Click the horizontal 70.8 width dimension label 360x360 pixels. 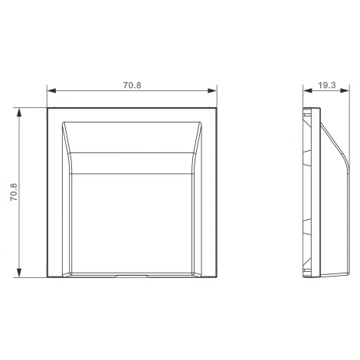pyautogui.click(x=132, y=85)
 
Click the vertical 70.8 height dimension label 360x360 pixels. pyautogui.click(x=14, y=192)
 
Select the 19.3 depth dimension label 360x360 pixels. pyautogui.click(x=327, y=85)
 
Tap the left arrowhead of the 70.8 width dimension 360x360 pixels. pyautogui.click(x=51, y=90)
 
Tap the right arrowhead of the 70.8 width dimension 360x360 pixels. pyautogui.click(x=212, y=90)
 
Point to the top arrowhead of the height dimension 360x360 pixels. pyautogui.click(x=19, y=113)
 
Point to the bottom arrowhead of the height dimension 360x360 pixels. pyautogui.click(x=19, y=273)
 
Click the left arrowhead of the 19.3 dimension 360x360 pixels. pyautogui.click(x=308, y=90)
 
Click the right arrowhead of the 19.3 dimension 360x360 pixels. pyautogui.click(x=345, y=90)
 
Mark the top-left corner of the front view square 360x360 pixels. pyautogui.click(x=47, y=108)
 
